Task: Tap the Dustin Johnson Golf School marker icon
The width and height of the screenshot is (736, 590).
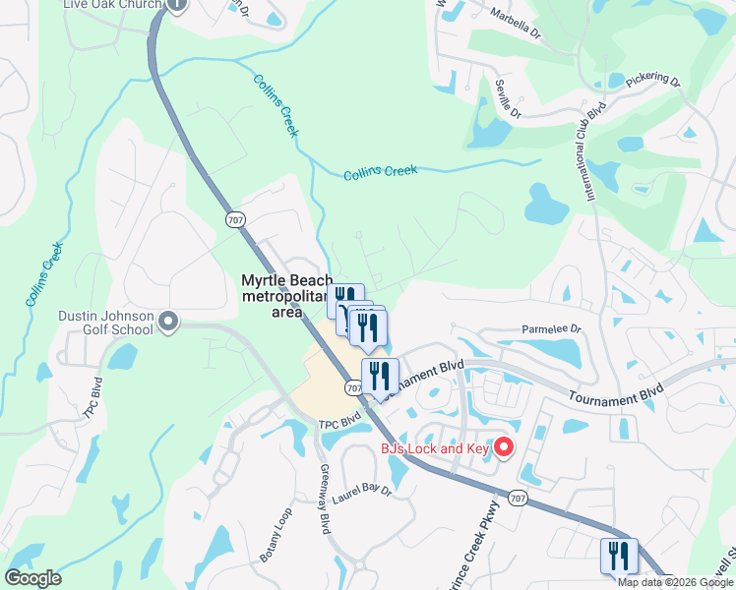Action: point(168,321)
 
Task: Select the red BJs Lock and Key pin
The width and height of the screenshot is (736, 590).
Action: point(504,448)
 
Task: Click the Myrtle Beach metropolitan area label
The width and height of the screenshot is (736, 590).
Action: point(287,296)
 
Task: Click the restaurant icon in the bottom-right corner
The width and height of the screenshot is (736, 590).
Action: point(620,555)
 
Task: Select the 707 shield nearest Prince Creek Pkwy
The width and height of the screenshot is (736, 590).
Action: point(519,500)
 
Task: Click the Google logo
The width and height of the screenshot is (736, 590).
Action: point(32,578)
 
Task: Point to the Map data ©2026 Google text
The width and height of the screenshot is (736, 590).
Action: point(674,582)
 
